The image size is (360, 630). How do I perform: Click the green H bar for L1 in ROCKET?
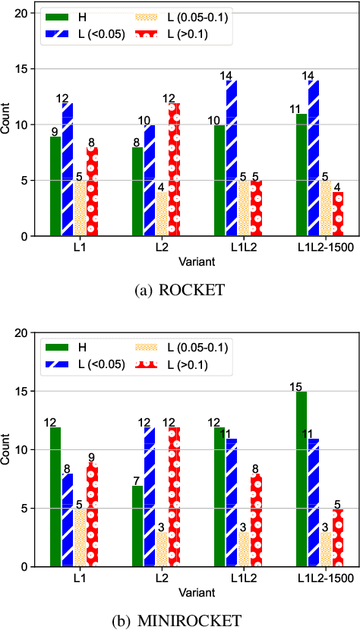point(55,186)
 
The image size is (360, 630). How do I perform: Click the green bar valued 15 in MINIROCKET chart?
point(302,479)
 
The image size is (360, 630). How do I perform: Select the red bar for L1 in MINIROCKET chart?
point(92,516)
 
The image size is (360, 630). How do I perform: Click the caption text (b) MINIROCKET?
point(180,620)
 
